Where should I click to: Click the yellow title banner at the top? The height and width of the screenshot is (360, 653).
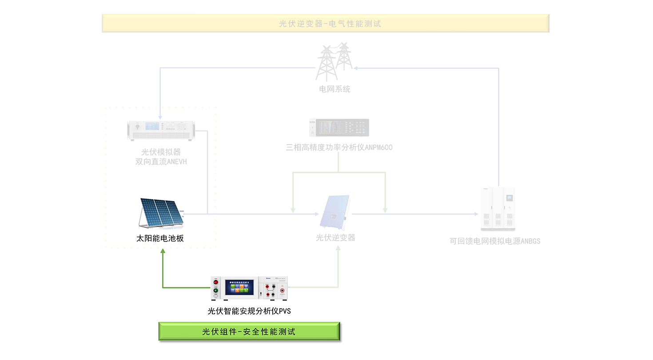[325, 23]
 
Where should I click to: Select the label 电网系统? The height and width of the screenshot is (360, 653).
[334, 89]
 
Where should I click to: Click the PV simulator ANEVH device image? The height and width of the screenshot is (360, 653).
[161, 130]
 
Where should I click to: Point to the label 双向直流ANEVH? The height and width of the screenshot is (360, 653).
[161, 162]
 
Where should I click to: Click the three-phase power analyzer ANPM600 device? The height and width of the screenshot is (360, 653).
[339, 127]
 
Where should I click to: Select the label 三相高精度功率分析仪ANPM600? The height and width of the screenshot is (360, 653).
[339, 147]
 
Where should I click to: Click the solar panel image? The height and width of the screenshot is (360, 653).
[161, 212]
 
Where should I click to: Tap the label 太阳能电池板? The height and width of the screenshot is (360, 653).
[160, 238]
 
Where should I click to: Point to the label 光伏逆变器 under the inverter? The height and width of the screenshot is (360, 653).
[335, 238]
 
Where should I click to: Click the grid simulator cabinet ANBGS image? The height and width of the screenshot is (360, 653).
[498, 209]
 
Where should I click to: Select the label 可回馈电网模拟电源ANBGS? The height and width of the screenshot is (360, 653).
[495, 241]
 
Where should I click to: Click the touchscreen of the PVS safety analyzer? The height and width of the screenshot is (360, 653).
[239, 287]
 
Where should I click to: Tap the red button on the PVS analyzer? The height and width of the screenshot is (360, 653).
[216, 282]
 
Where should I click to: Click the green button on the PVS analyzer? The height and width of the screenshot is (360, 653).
[216, 291]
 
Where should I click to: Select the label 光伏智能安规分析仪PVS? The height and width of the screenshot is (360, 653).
[249, 311]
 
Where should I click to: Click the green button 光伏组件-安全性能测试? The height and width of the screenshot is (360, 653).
[249, 332]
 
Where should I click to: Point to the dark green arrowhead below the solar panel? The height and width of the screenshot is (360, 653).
[163, 251]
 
